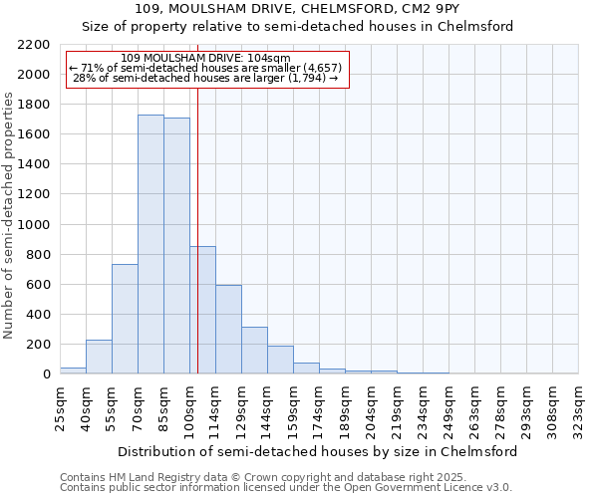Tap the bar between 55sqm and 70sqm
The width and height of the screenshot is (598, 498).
point(125,319)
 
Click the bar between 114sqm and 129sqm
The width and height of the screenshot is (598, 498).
point(228,329)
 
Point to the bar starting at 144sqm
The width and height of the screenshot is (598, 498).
point(280,360)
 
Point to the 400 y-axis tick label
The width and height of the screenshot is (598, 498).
point(38,315)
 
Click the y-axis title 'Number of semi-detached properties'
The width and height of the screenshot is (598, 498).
point(10,215)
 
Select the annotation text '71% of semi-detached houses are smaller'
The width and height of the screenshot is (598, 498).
point(206,68)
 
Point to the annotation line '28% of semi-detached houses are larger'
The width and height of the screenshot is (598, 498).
point(206,78)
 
